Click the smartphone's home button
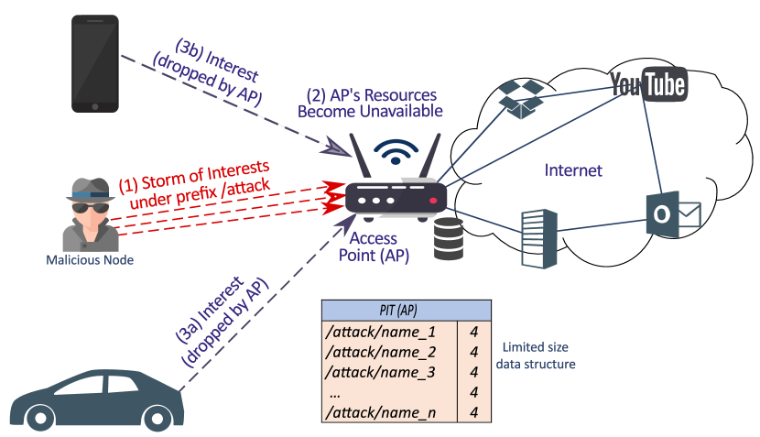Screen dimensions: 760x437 click(95, 106)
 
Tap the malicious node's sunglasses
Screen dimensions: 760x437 click(91, 208)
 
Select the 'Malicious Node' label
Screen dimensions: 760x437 click(90, 260)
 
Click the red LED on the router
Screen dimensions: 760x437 click(433, 201)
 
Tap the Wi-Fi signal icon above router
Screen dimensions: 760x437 click(396, 152)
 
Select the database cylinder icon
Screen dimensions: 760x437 click(449, 238)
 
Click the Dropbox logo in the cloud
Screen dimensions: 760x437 click(521, 99)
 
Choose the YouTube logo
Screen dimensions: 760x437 click(648, 84)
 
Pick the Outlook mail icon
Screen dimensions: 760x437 click(673, 213)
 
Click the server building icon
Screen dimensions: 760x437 click(539, 238)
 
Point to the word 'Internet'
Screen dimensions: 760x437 click(573, 170)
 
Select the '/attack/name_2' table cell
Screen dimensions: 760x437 click(381, 352)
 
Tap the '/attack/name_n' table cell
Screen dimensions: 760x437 click(381, 412)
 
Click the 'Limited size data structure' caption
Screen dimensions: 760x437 click(536, 355)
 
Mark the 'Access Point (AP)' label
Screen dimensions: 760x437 click(374, 246)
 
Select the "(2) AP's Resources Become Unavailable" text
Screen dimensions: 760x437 click(370, 103)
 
